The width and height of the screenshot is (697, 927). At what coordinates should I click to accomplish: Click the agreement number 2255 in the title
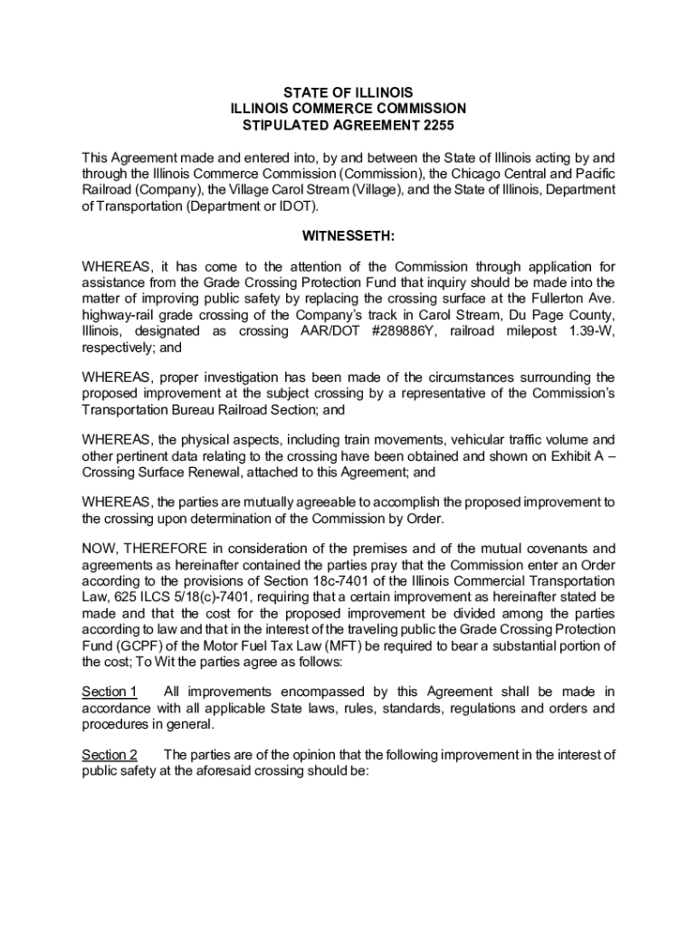(x=434, y=126)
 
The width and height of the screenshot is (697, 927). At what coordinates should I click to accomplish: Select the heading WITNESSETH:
(x=348, y=238)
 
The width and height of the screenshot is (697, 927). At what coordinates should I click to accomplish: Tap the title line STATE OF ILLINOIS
(x=348, y=93)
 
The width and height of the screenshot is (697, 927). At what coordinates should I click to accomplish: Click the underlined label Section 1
(x=110, y=693)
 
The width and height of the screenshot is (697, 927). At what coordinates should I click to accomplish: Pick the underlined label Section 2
(x=110, y=755)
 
